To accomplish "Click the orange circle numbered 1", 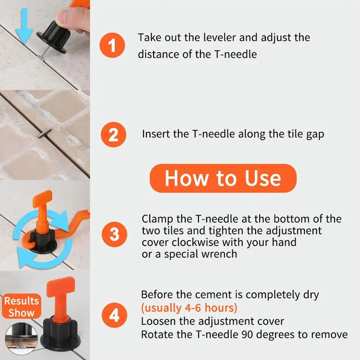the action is pos(112,45).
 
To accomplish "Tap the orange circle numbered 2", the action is pos(113,135).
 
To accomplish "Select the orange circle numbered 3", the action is pos(114,234).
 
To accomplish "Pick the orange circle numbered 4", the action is pos(114,315).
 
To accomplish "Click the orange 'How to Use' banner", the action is pos(223,178).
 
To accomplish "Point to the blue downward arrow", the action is pos(24,26).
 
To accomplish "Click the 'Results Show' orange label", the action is pos(22,306).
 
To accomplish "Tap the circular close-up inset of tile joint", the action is pos(21,338).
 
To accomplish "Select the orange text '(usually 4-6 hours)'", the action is pos(189,308).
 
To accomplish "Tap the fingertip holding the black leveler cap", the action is pos(62,17).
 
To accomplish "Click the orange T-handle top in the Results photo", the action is pos(60,287).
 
